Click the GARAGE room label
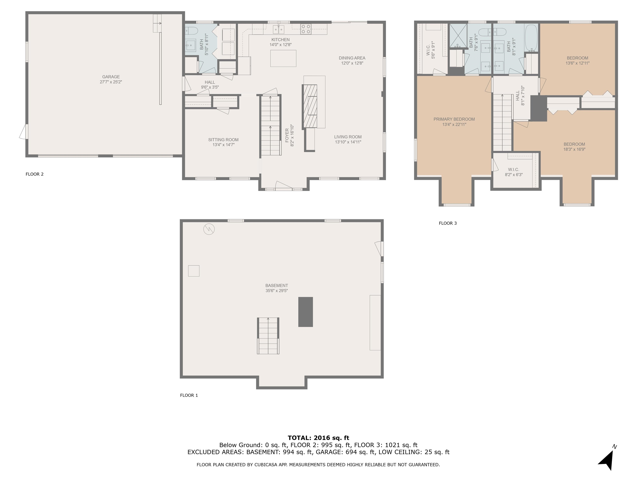[x=111, y=77]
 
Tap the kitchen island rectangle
[x=283, y=58]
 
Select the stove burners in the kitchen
[x=306, y=29]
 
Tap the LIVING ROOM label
[x=348, y=137]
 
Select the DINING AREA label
[x=352, y=58]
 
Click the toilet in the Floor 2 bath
[x=190, y=30]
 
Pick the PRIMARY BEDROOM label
[x=454, y=119]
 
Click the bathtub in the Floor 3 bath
[x=531, y=38]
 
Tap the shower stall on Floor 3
[x=458, y=35]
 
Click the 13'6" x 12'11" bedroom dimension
[x=577, y=63]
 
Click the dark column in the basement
[x=305, y=312]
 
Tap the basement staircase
[x=268, y=336]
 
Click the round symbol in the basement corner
[x=209, y=229]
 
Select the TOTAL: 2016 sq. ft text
[x=318, y=438]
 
